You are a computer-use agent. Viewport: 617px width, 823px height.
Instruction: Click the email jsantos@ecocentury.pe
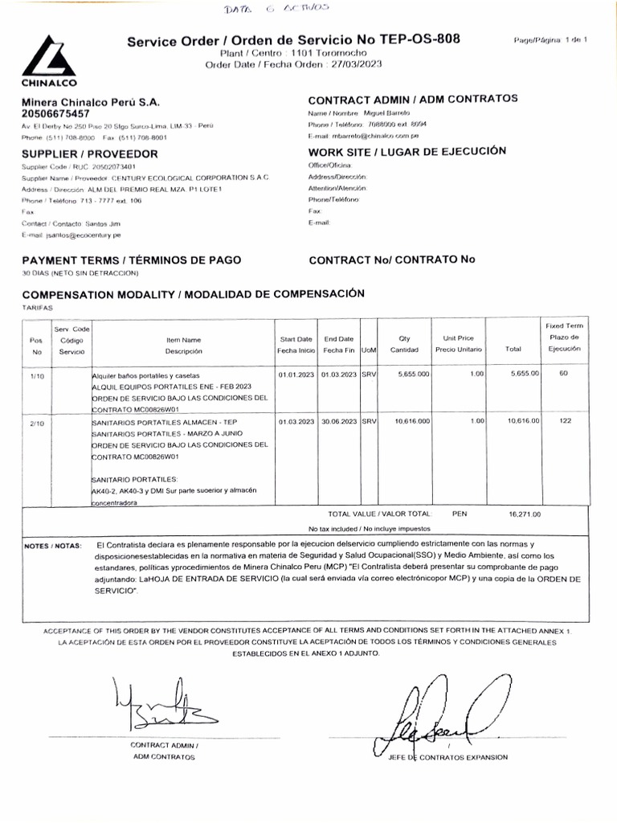pyautogui.click(x=77, y=235)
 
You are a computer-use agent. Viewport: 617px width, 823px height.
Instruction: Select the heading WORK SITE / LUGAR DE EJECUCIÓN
pyautogui.click(x=407, y=151)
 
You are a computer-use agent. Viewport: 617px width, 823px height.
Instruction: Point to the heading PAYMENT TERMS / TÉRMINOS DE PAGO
pyautogui.click(x=130, y=260)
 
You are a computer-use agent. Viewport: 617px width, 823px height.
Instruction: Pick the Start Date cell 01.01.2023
pyautogui.click(x=296, y=375)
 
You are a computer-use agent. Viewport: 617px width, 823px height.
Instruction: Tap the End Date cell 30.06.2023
pyautogui.click(x=339, y=420)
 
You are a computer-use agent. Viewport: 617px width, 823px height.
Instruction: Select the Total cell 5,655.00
pyautogui.click(x=524, y=375)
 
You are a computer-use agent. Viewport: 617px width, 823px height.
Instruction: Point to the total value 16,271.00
pyautogui.click(x=525, y=514)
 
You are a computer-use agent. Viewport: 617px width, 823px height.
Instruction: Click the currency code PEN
pyautogui.click(x=460, y=513)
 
